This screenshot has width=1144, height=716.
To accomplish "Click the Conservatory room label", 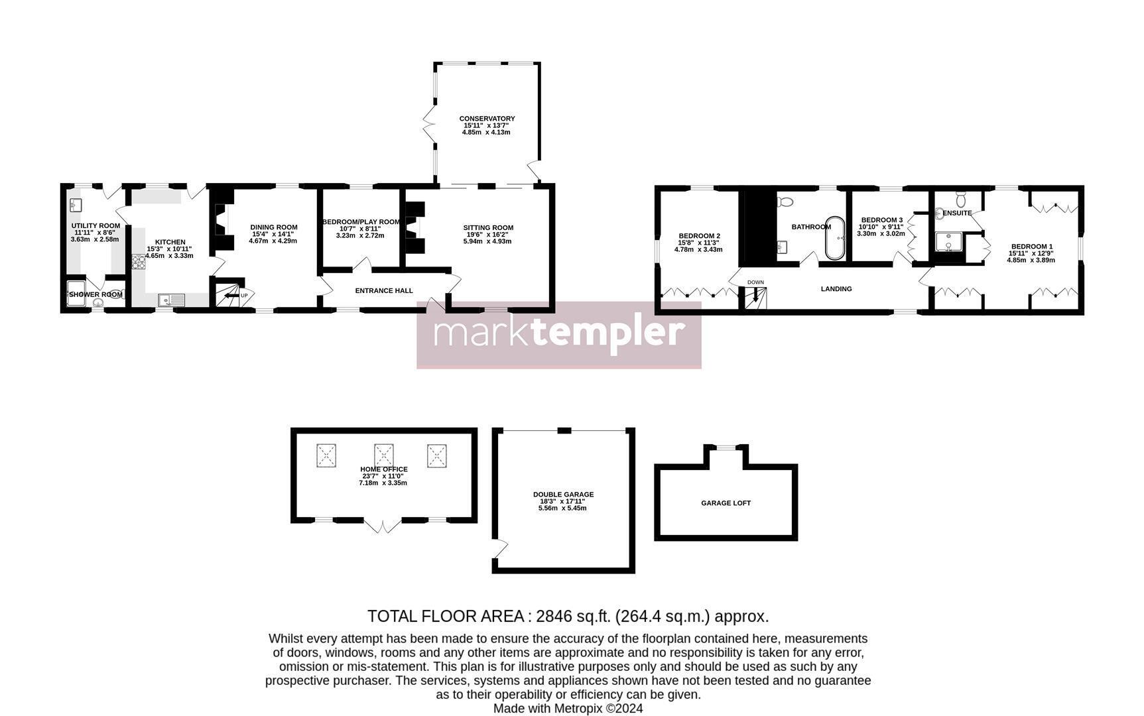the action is pyautogui.click(x=487, y=119).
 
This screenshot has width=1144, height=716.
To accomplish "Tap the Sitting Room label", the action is pyautogui.click(x=488, y=228).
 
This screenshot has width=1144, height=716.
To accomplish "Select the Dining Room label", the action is pyautogui.click(x=273, y=227).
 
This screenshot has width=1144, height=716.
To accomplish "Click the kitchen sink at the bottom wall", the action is pyautogui.click(x=171, y=300).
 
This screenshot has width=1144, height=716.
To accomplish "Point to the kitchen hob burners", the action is pyautogui.click(x=139, y=262).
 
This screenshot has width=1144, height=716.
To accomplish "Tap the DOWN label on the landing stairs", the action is pyautogui.click(x=755, y=282).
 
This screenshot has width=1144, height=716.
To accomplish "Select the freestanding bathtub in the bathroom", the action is pyautogui.click(x=835, y=237).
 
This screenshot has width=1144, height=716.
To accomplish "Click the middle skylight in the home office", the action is pyautogui.click(x=384, y=455).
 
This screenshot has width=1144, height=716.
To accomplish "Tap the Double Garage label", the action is pyautogui.click(x=563, y=495).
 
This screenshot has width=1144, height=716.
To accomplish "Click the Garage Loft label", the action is pyautogui.click(x=726, y=503).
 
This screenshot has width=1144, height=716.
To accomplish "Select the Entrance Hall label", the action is pyautogui.click(x=384, y=290).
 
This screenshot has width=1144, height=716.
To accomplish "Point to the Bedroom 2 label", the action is pyautogui.click(x=699, y=236).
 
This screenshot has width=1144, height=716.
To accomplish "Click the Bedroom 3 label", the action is pyautogui.click(x=881, y=220).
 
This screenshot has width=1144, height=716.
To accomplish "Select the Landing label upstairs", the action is pyautogui.click(x=836, y=289).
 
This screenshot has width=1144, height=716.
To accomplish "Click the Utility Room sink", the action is pyautogui.click(x=75, y=205).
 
